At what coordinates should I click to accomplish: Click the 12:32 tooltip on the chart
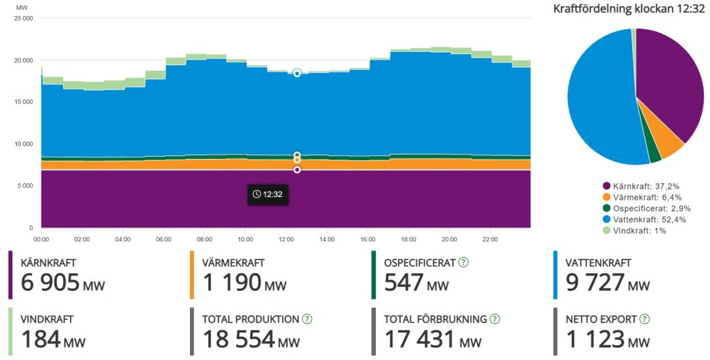pyautogui.click(x=268, y=194)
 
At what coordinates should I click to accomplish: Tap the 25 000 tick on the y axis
pyautogui.click(x=23, y=19)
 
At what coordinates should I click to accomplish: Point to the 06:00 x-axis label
pyautogui.click(x=164, y=239)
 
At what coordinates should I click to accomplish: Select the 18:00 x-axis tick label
pyautogui.click(x=408, y=239)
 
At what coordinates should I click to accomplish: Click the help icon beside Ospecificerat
pyautogui.click(x=463, y=262)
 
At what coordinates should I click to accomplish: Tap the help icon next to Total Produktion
pyautogui.click(x=307, y=319)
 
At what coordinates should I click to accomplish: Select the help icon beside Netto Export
pyautogui.click(x=644, y=319)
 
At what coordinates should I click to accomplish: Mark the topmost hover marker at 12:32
pyautogui.click(x=297, y=73)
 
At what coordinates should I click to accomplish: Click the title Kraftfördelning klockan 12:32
pyautogui.click(x=628, y=9)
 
